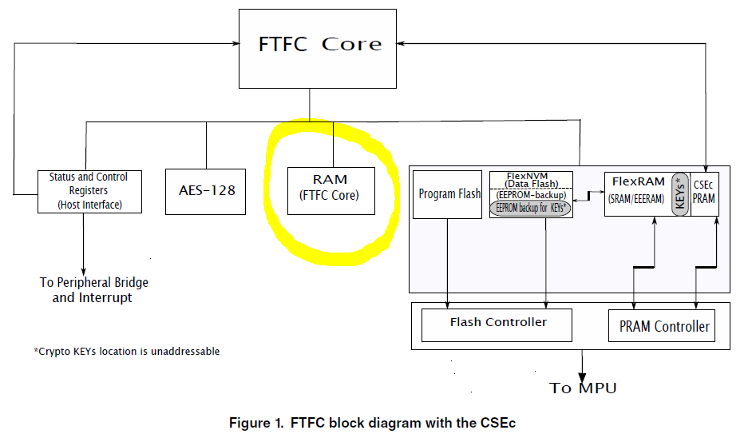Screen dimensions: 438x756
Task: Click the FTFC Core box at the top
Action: click(319, 48)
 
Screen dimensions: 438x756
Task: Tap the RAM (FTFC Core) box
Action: click(331, 189)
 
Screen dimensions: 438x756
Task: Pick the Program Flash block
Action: click(449, 194)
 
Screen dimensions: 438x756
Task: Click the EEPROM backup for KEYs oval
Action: click(532, 208)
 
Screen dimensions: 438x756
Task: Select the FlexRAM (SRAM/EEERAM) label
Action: click(637, 190)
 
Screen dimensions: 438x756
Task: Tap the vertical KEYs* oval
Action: click(679, 193)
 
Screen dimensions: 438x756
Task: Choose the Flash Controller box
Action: click(498, 323)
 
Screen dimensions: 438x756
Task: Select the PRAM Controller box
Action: click(664, 326)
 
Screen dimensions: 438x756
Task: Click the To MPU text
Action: click(583, 388)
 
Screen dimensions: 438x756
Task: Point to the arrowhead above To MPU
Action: click(583, 372)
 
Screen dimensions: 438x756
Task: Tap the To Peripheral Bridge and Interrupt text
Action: click(93, 290)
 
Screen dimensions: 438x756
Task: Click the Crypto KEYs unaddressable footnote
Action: click(126, 352)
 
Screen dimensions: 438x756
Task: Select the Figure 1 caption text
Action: click(378, 422)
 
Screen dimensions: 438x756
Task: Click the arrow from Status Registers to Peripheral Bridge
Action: click(83, 244)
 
